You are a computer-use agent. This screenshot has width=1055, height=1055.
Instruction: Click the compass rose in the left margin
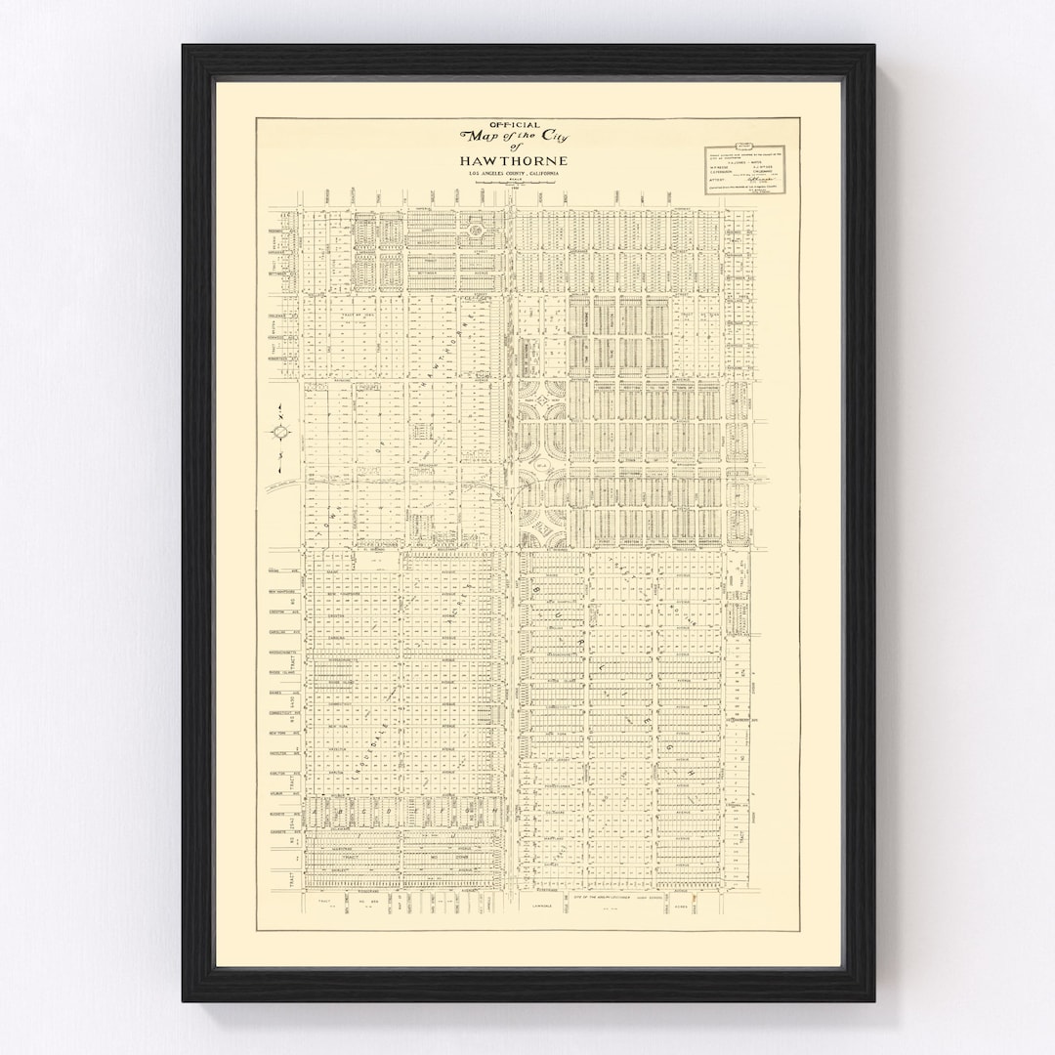coord(279,431)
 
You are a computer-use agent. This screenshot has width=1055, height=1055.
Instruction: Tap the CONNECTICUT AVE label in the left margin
coord(281,712)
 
